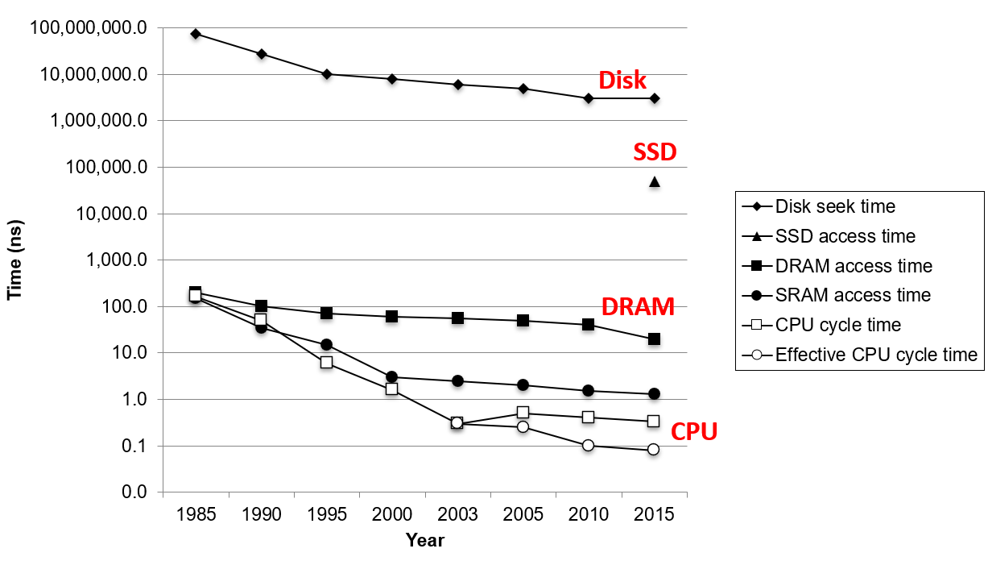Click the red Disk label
(x=622, y=81)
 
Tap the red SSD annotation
(x=654, y=152)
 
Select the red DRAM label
(x=638, y=307)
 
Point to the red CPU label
(x=694, y=432)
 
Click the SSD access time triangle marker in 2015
(x=655, y=182)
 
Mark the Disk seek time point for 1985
(x=196, y=34)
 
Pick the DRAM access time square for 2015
(x=655, y=339)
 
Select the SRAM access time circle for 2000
(x=392, y=376)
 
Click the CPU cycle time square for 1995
(x=326, y=362)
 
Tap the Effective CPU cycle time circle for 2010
(x=589, y=445)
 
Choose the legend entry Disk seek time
(x=835, y=206)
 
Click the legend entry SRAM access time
(x=853, y=295)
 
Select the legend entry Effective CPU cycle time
(x=876, y=355)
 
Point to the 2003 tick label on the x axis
(x=457, y=515)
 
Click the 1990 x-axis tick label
(x=261, y=515)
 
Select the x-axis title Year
(x=424, y=540)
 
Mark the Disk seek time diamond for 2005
(x=523, y=89)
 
